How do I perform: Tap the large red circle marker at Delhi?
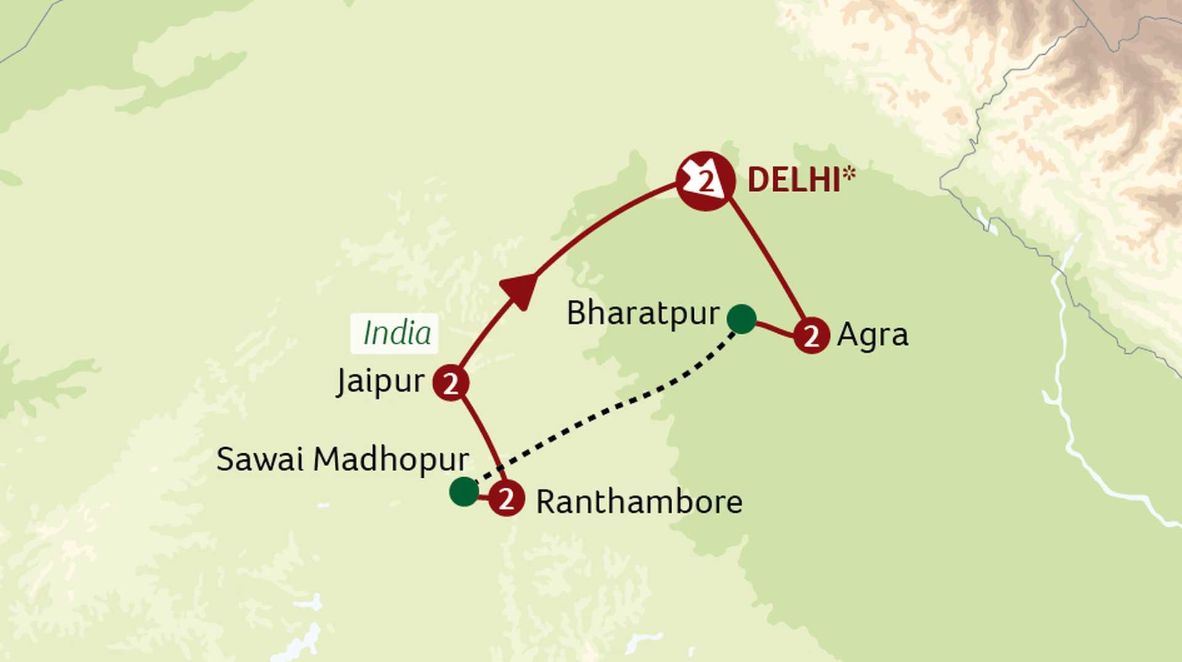coord(706,181)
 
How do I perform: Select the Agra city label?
coord(872,336)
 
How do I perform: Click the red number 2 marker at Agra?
coord(811,336)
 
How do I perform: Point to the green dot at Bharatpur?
coord(741,319)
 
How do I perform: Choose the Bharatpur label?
coord(643,313)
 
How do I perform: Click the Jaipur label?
coord(380,381)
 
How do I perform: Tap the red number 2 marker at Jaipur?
coord(451,383)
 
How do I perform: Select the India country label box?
coord(395,333)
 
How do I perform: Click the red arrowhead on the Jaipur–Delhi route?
coord(519,290)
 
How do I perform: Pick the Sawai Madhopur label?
coord(342,459)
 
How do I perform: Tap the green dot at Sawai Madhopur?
coord(464,491)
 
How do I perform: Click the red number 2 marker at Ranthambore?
coord(507,498)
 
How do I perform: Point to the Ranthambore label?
coord(639,502)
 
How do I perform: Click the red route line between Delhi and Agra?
coord(767,259)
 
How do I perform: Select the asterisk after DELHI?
coord(850,173)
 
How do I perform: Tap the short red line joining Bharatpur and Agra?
coord(774,329)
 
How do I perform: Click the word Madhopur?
coord(391,459)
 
